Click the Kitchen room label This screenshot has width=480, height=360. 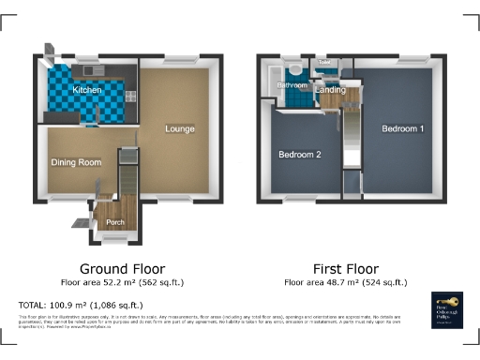pyautogui.click(x=87, y=90)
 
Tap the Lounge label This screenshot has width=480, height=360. pyautogui.click(x=180, y=127)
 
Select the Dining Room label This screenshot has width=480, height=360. pyautogui.click(x=76, y=162)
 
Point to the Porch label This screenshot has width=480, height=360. pyautogui.click(x=115, y=222)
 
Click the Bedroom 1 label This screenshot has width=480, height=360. pyautogui.click(x=403, y=127)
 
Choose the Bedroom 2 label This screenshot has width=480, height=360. pyautogui.click(x=299, y=154)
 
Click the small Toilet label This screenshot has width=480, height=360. pyautogui.click(x=324, y=63)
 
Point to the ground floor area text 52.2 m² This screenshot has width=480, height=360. pyautogui.click(x=123, y=281)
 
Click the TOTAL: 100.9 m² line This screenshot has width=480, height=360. pyautogui.click(x=81, y=306)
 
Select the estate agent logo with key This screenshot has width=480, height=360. pyautogui.click(x=444, y=309)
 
